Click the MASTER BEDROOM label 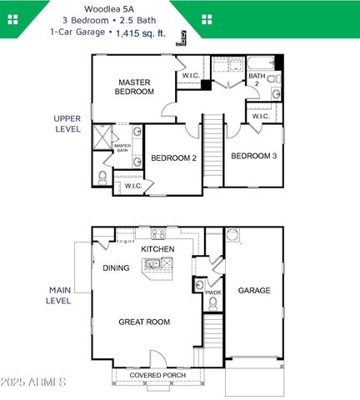click(x=133, y=87)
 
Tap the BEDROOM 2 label click(x=172, y=157)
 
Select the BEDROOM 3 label click(x=253, y=156)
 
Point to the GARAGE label click(x=254, y=291)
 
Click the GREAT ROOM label click(x=143, y=322)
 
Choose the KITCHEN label click(x=157, y=249)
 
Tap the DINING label click(x=116, y=268)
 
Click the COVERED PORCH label click(x=157, y=376)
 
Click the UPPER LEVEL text click(x=67, y=123)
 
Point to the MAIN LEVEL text click(x=58, y=295)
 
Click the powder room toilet click(x=212, y=306)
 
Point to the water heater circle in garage click(x=232, y=234)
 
